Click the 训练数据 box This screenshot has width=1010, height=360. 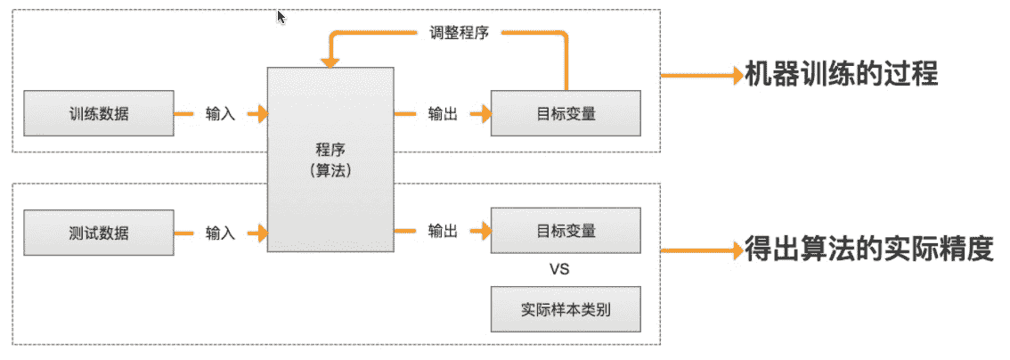point(98,113)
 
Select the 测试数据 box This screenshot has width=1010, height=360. point(98,233)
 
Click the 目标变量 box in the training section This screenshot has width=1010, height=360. point(566,113)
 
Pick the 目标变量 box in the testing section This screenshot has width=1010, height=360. point(566,231)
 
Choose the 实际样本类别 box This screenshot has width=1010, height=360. point(566,309)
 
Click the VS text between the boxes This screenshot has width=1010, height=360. point(560,268)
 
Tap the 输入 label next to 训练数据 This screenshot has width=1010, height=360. point(220,114)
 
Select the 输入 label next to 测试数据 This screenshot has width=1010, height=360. point(220,233)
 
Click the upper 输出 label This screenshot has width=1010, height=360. point(443,114)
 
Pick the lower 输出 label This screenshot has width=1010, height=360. point(443,232)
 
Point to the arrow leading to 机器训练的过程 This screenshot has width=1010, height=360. point(704,75)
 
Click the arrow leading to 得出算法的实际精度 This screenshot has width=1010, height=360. point(704,250)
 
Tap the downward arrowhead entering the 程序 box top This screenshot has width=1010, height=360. point(330,61)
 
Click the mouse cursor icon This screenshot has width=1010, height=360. point(281,17)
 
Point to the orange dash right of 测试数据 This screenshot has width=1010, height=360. point(184,233)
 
